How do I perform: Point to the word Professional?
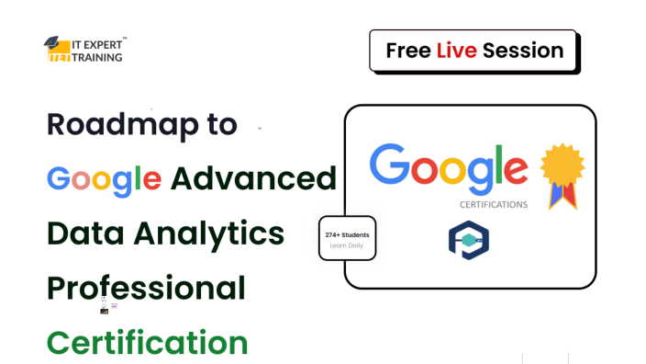click(146, 289)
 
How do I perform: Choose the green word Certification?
click(148, 342)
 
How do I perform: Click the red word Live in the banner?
click(456, 50)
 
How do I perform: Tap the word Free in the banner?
click(408, 50)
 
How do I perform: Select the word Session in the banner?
click(523, 50)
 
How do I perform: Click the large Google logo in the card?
click(449, 166)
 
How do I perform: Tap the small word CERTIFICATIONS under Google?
click(493, 204)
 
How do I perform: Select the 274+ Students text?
click(347, 234)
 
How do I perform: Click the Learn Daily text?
click(347, 246)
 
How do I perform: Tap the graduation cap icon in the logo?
click(53, 42)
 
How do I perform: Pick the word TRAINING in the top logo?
click(95, 57)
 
